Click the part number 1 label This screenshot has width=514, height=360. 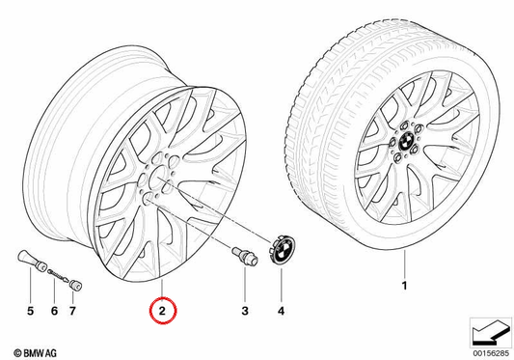coord(404,286)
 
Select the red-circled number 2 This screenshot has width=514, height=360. coord(163,311)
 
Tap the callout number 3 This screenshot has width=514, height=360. coord(245,311)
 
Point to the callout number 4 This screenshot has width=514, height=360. coord(282,311)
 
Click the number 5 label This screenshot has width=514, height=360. coord(30,311)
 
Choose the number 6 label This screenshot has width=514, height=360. coord(54,311)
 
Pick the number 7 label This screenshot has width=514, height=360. coord(72,311)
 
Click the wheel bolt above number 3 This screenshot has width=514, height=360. coord(245,257)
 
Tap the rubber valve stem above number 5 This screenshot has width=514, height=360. coord(32,261)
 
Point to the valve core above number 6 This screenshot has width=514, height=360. coord(58,275)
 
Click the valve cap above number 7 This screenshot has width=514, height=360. coord(75,285)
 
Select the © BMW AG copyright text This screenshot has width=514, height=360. coord(35,353)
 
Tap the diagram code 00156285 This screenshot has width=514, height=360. coord(491,353)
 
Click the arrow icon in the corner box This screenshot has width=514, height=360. coord(491,333)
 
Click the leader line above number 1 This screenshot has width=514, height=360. coord(404,263)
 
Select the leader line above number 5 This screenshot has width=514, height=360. coord(30,285)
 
